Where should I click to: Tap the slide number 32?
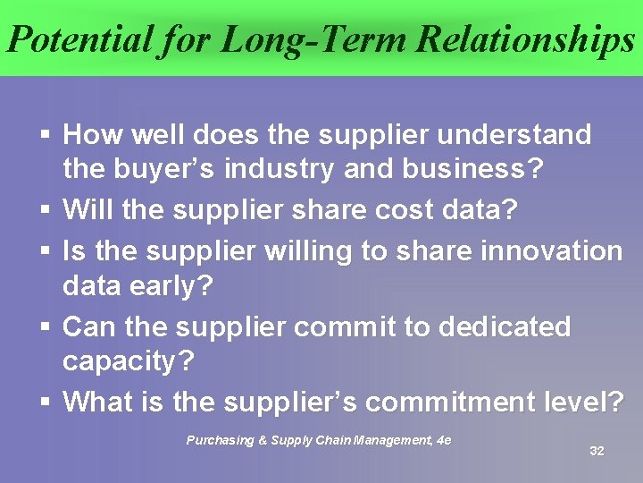pyautogui.click(x=597, y=451)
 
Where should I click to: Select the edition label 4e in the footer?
pyautogui.click(x=443, y=439)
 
